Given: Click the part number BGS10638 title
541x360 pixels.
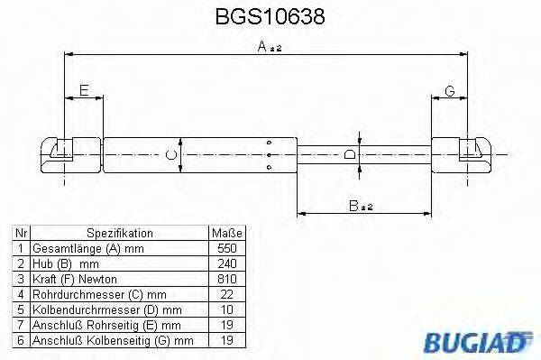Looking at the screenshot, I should click(271, 17).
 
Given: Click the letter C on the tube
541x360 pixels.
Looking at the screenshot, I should click(171, 154).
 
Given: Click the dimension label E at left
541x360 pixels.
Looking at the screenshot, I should click(83, 89).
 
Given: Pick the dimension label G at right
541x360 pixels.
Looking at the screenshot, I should click(448, 89).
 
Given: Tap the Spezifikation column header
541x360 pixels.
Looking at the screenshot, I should click(116, 232).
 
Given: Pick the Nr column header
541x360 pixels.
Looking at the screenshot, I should click(21, 232).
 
